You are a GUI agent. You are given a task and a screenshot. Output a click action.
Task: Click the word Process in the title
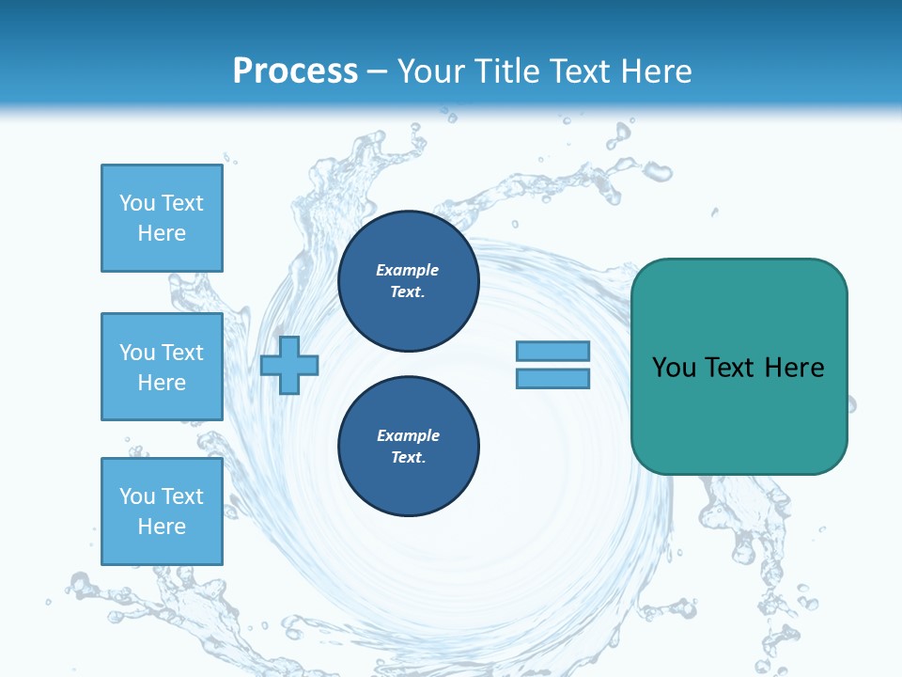[295, 71]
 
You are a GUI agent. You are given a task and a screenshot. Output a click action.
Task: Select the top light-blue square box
[162, 218]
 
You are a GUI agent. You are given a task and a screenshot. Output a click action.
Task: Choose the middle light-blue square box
[162, 367]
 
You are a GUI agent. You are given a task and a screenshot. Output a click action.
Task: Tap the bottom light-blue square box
[162, 511]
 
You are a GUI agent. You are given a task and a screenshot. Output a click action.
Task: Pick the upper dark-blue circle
[408, 281]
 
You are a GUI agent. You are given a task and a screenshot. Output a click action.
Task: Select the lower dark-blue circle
[408, 447]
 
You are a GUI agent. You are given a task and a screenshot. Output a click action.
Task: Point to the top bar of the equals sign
[552, 351]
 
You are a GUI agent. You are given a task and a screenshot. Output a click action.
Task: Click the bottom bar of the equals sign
[552, 379]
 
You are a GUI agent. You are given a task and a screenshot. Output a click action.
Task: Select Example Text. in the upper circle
[408, 281]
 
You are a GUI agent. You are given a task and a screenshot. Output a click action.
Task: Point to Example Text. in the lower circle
[408, 447]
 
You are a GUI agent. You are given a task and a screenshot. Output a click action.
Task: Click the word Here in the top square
[162, 233]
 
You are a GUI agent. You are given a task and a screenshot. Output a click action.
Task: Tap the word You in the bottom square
[137, 496]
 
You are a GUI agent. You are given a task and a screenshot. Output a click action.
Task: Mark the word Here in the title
[656, 71]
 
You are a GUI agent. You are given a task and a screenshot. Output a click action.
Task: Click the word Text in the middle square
[181, 353]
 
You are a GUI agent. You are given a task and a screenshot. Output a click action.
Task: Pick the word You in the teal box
[673, 368]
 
